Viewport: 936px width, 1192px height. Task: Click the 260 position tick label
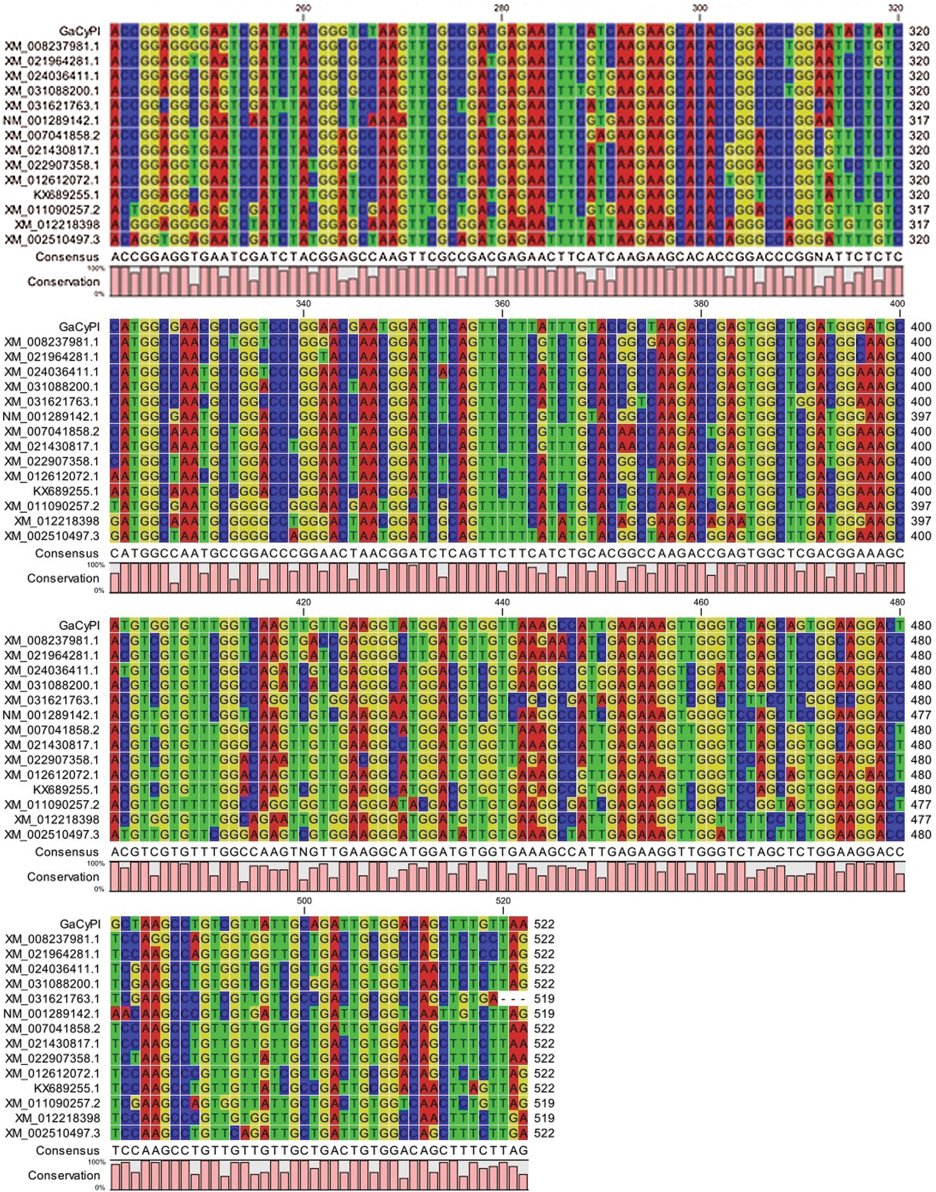[303, 8]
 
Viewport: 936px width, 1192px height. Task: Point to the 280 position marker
[502, 8]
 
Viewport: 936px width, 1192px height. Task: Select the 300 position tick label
[700, 8]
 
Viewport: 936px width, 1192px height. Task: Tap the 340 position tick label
[303, 304]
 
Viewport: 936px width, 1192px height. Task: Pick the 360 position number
[502, 304]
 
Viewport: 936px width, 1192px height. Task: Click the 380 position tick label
[701, 304]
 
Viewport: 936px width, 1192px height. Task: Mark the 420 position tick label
[303, 602]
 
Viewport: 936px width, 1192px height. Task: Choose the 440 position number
[502, 602]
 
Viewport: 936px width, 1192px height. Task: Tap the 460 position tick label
[701, 602]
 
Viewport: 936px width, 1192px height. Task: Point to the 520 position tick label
[503, 901]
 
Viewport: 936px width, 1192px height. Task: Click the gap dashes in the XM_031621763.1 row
[513, 999]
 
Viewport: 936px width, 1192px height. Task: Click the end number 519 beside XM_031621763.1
[544, 999]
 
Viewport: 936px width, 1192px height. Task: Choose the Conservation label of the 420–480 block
[63, 877]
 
